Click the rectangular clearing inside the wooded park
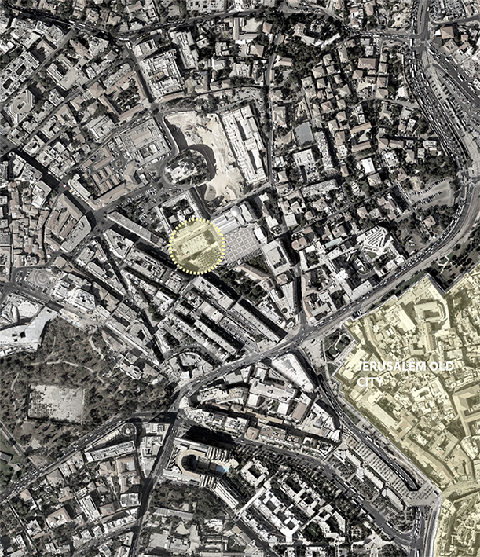[57, 401]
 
